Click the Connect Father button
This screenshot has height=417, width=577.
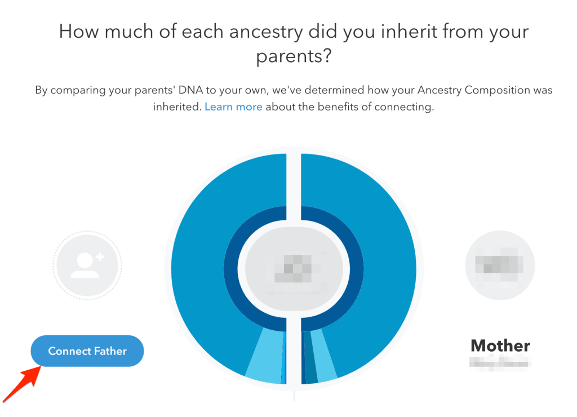click(87, 351)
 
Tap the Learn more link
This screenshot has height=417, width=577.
click(233, 107)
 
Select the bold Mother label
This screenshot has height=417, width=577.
click(500, 345)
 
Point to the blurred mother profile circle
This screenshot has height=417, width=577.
click(500, 264)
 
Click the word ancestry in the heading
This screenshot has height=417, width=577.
click(255, 32)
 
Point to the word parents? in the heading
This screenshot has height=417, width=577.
click(294, 56)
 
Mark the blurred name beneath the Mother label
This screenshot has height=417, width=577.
click(499, 363)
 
